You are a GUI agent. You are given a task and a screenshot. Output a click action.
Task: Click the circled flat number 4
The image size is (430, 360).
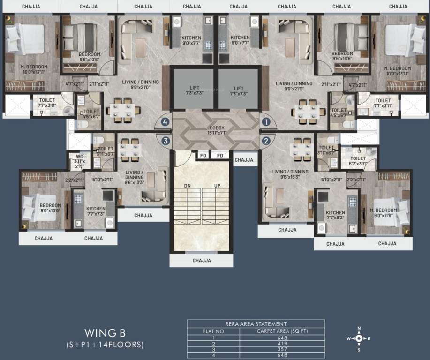point(165,122)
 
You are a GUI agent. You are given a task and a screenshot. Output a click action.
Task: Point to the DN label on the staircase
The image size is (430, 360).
point(188,186)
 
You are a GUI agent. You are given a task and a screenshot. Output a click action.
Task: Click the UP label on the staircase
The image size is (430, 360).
point(217,186)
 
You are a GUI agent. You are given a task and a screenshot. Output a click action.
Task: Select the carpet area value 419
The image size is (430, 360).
point(282,343)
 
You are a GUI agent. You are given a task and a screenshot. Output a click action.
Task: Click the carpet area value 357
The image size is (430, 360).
point(282,349)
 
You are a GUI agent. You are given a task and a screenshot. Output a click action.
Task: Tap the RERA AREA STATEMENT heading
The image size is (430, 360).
point(256,323)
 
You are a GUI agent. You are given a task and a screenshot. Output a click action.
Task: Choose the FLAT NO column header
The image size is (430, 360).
point(213,330)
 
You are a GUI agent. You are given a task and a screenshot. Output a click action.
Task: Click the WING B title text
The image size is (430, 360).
point(105,333)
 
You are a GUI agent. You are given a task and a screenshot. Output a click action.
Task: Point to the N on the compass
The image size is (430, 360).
point(359,328)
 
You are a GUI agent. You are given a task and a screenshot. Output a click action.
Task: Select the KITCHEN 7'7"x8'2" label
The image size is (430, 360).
point(335,215)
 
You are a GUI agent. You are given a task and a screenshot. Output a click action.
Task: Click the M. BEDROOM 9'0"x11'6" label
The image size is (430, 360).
point(384,212)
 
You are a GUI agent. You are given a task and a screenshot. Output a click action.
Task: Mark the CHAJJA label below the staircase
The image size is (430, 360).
point(201,260)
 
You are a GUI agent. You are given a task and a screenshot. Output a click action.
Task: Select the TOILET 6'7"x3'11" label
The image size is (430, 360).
point(358,161)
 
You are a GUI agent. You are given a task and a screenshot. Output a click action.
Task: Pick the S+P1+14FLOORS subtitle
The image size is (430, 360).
point(105,345)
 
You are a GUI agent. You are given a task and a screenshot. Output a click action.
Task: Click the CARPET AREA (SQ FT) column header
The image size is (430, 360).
point(282,330)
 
